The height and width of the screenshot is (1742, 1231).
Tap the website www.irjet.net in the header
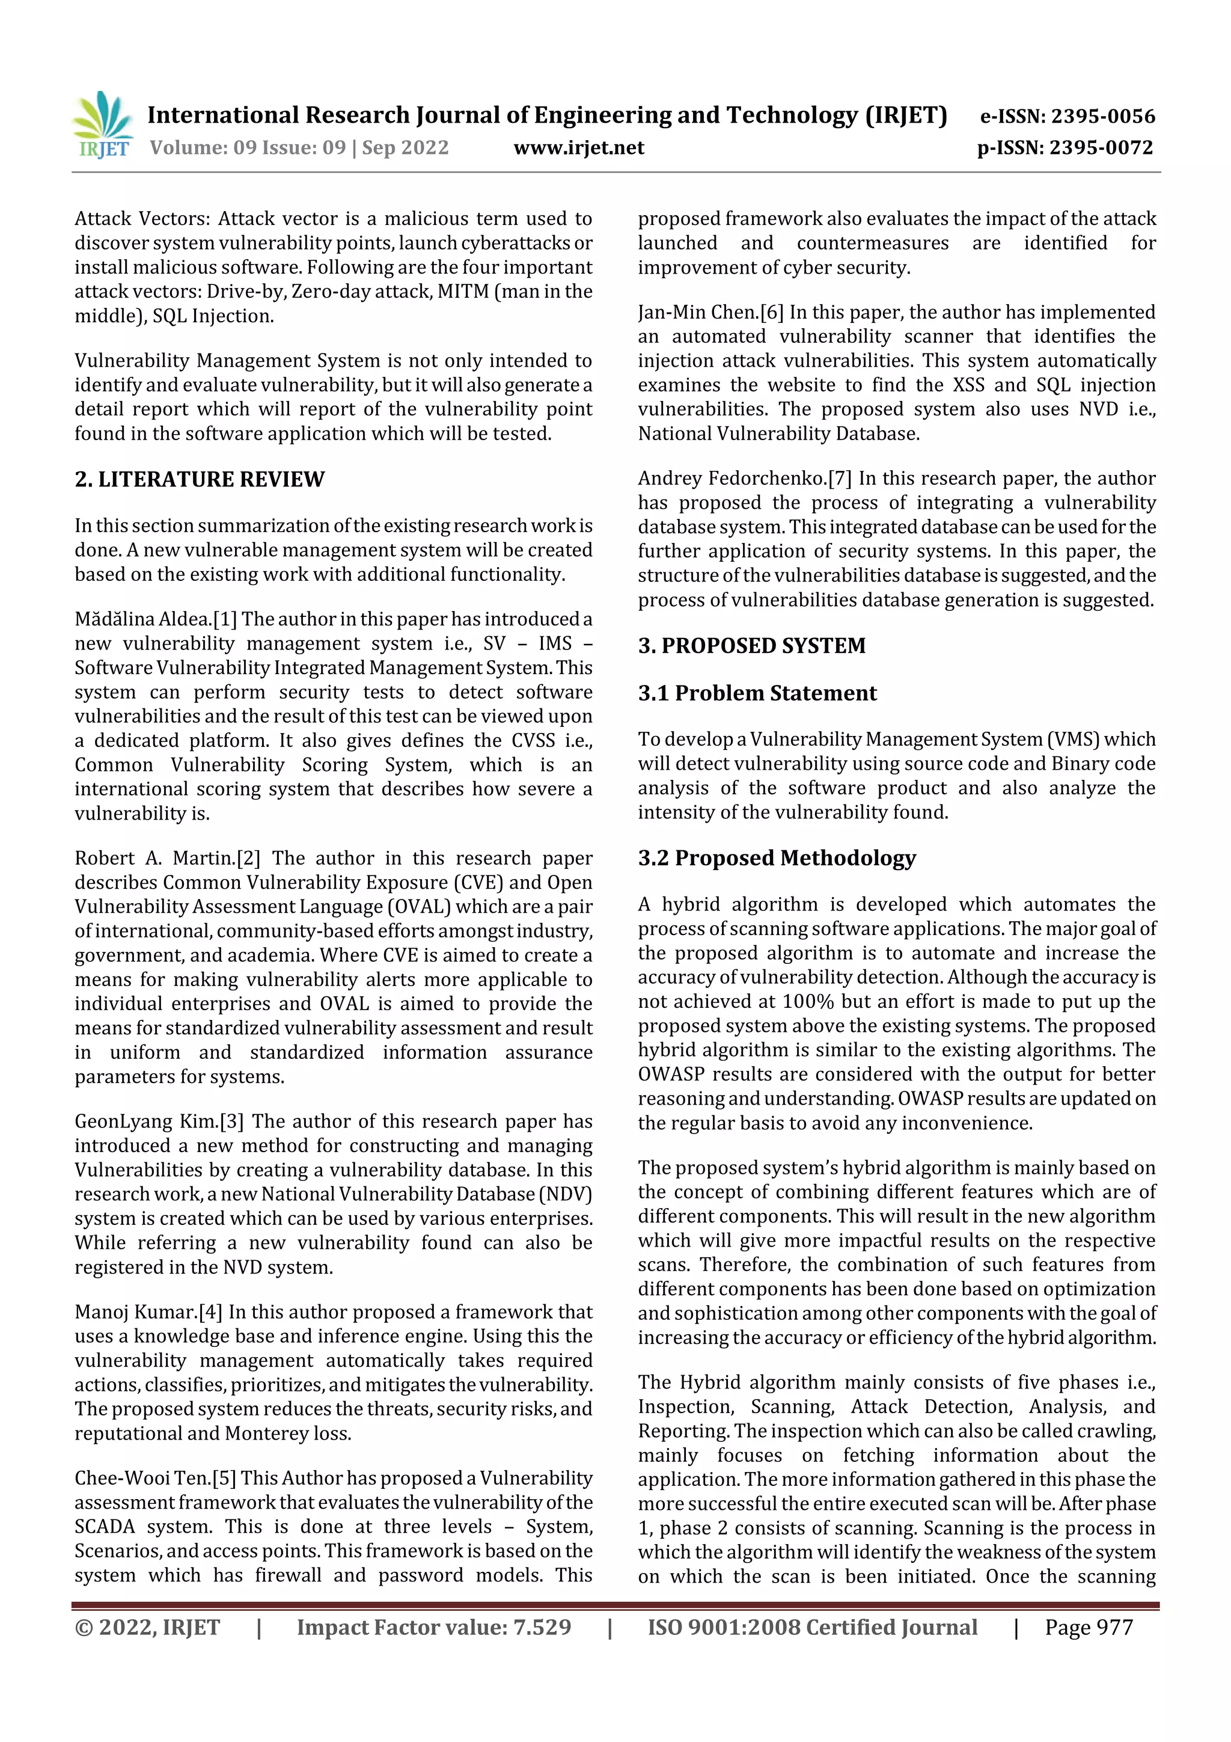(x=579, y=147)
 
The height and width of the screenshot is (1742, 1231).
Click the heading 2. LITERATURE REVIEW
(x=200, y=479)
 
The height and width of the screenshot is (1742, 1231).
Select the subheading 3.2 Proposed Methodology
(x=777, y=857)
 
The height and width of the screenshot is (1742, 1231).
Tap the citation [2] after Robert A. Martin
(x=248, y=858)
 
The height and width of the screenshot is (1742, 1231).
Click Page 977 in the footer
(x=1089, y=1627)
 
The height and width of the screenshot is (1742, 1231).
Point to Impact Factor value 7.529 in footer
(x=434, y=1627)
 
